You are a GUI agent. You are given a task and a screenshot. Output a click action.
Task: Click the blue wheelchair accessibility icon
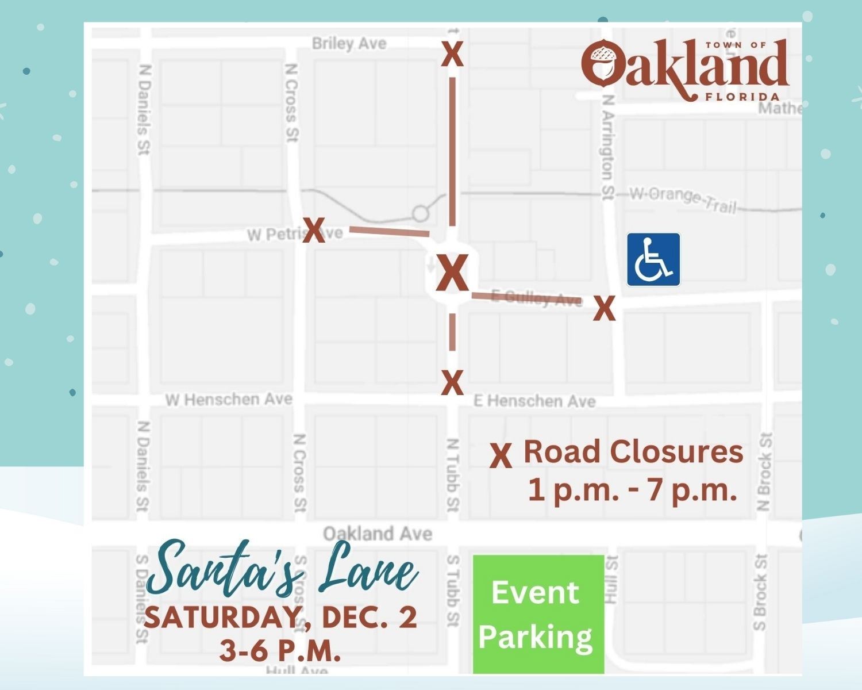click(653, 259)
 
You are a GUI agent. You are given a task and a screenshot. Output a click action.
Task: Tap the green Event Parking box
click(538, 614)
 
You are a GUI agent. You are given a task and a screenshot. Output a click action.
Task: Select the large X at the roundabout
click(453, 274)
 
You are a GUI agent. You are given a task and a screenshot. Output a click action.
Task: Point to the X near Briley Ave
click(452, 55)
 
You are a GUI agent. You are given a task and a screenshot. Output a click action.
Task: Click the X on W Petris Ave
click(314, 231)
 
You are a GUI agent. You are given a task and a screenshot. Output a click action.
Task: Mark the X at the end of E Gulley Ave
click(604, 309)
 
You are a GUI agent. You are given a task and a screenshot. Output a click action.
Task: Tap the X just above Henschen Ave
click(452, 382)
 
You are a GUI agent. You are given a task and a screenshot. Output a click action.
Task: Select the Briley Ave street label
click(349, 44)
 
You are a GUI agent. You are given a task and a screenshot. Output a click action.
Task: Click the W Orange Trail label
click(683, 198)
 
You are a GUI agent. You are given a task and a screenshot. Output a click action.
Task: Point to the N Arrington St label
click(607, 148)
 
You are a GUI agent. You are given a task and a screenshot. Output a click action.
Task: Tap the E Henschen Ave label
click(534, 401)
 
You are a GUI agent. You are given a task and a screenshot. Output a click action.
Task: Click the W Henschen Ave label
click(229, 399)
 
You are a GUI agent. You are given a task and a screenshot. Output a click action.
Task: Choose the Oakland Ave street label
click(377, 534)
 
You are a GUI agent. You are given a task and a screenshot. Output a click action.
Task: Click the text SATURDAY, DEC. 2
click(280, 618)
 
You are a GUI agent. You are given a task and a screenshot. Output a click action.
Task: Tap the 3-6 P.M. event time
click(280, 651)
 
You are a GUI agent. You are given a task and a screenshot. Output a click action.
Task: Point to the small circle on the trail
click(421, 214)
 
